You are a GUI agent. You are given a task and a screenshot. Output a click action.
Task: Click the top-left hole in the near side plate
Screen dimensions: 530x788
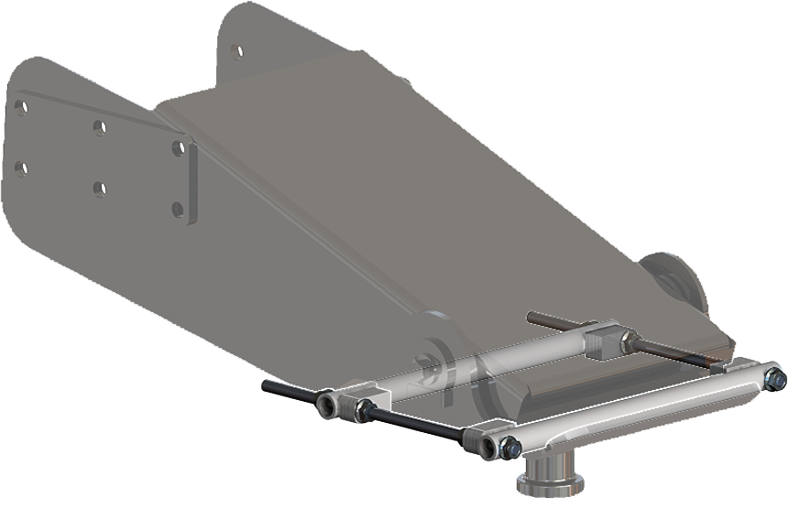point(20,108)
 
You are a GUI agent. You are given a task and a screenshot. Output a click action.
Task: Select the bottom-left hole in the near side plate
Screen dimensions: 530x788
point(20,168)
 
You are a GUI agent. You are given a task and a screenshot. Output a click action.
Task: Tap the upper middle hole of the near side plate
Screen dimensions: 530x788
point(99,127)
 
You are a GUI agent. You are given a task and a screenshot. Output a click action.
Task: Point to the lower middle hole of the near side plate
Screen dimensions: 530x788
point(99,189)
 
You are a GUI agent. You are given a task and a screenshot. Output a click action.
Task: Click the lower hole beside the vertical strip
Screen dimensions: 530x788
point(178,209)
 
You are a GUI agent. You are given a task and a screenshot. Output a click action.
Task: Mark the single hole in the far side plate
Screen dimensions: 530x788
point(236,51)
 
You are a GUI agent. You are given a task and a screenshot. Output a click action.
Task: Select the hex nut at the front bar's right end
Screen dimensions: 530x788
point(774,377)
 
